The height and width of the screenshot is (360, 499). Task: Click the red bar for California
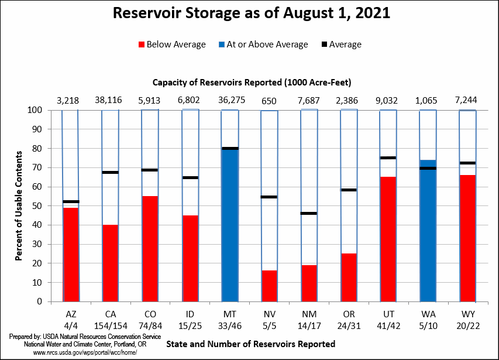click(x=110, y=263)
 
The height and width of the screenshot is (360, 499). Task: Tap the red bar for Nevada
click(x=269, y=286)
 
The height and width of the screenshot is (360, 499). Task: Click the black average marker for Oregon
click(x=349, y=190)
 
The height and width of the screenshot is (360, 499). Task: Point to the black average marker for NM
click(x=309, y=213)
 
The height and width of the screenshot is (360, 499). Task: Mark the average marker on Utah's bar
click(x=388, y=157)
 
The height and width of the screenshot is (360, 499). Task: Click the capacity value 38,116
click(x=110, y=100)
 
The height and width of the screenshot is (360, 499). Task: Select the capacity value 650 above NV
click(x=269, y=100)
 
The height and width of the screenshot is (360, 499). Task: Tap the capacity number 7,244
click(x=467, y=100)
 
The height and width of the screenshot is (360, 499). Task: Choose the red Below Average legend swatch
click(x=140, y=45)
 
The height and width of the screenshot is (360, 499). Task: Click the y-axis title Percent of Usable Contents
click(x=19, y=205)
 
